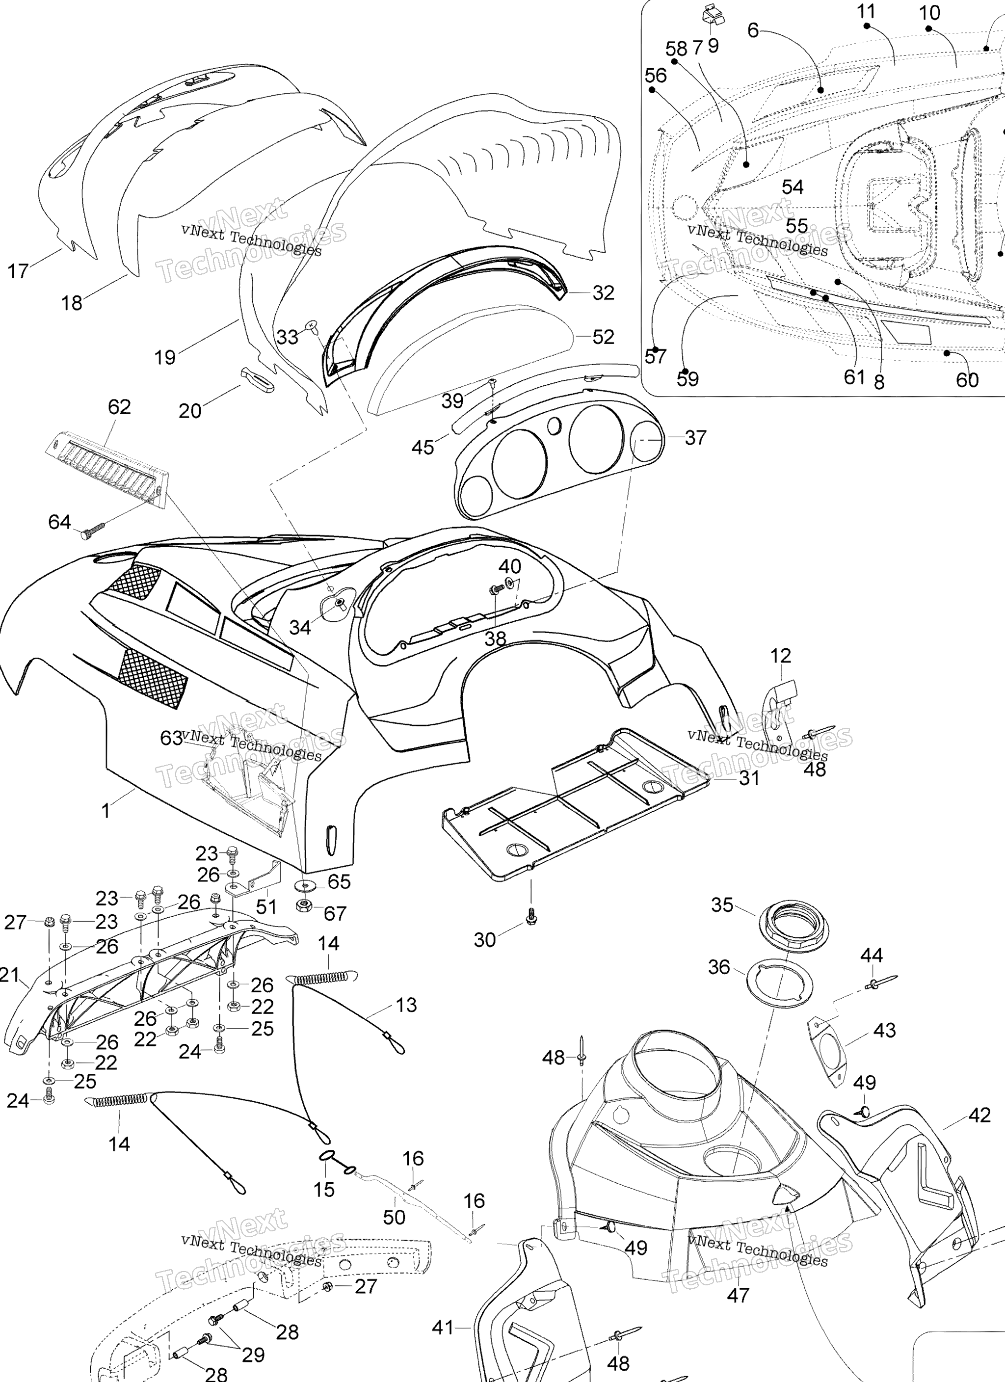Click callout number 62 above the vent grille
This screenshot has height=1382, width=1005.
119,406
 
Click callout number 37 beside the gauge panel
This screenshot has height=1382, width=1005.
695,437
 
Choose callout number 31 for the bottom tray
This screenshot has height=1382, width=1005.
749,778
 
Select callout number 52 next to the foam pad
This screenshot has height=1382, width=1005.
604,337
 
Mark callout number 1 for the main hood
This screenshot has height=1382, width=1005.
106,811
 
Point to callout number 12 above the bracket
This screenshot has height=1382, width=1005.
781,656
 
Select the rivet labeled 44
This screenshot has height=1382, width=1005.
879,981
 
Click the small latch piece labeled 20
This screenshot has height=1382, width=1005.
258,380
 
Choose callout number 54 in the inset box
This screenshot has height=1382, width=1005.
793,187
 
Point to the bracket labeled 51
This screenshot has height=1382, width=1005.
254,878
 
